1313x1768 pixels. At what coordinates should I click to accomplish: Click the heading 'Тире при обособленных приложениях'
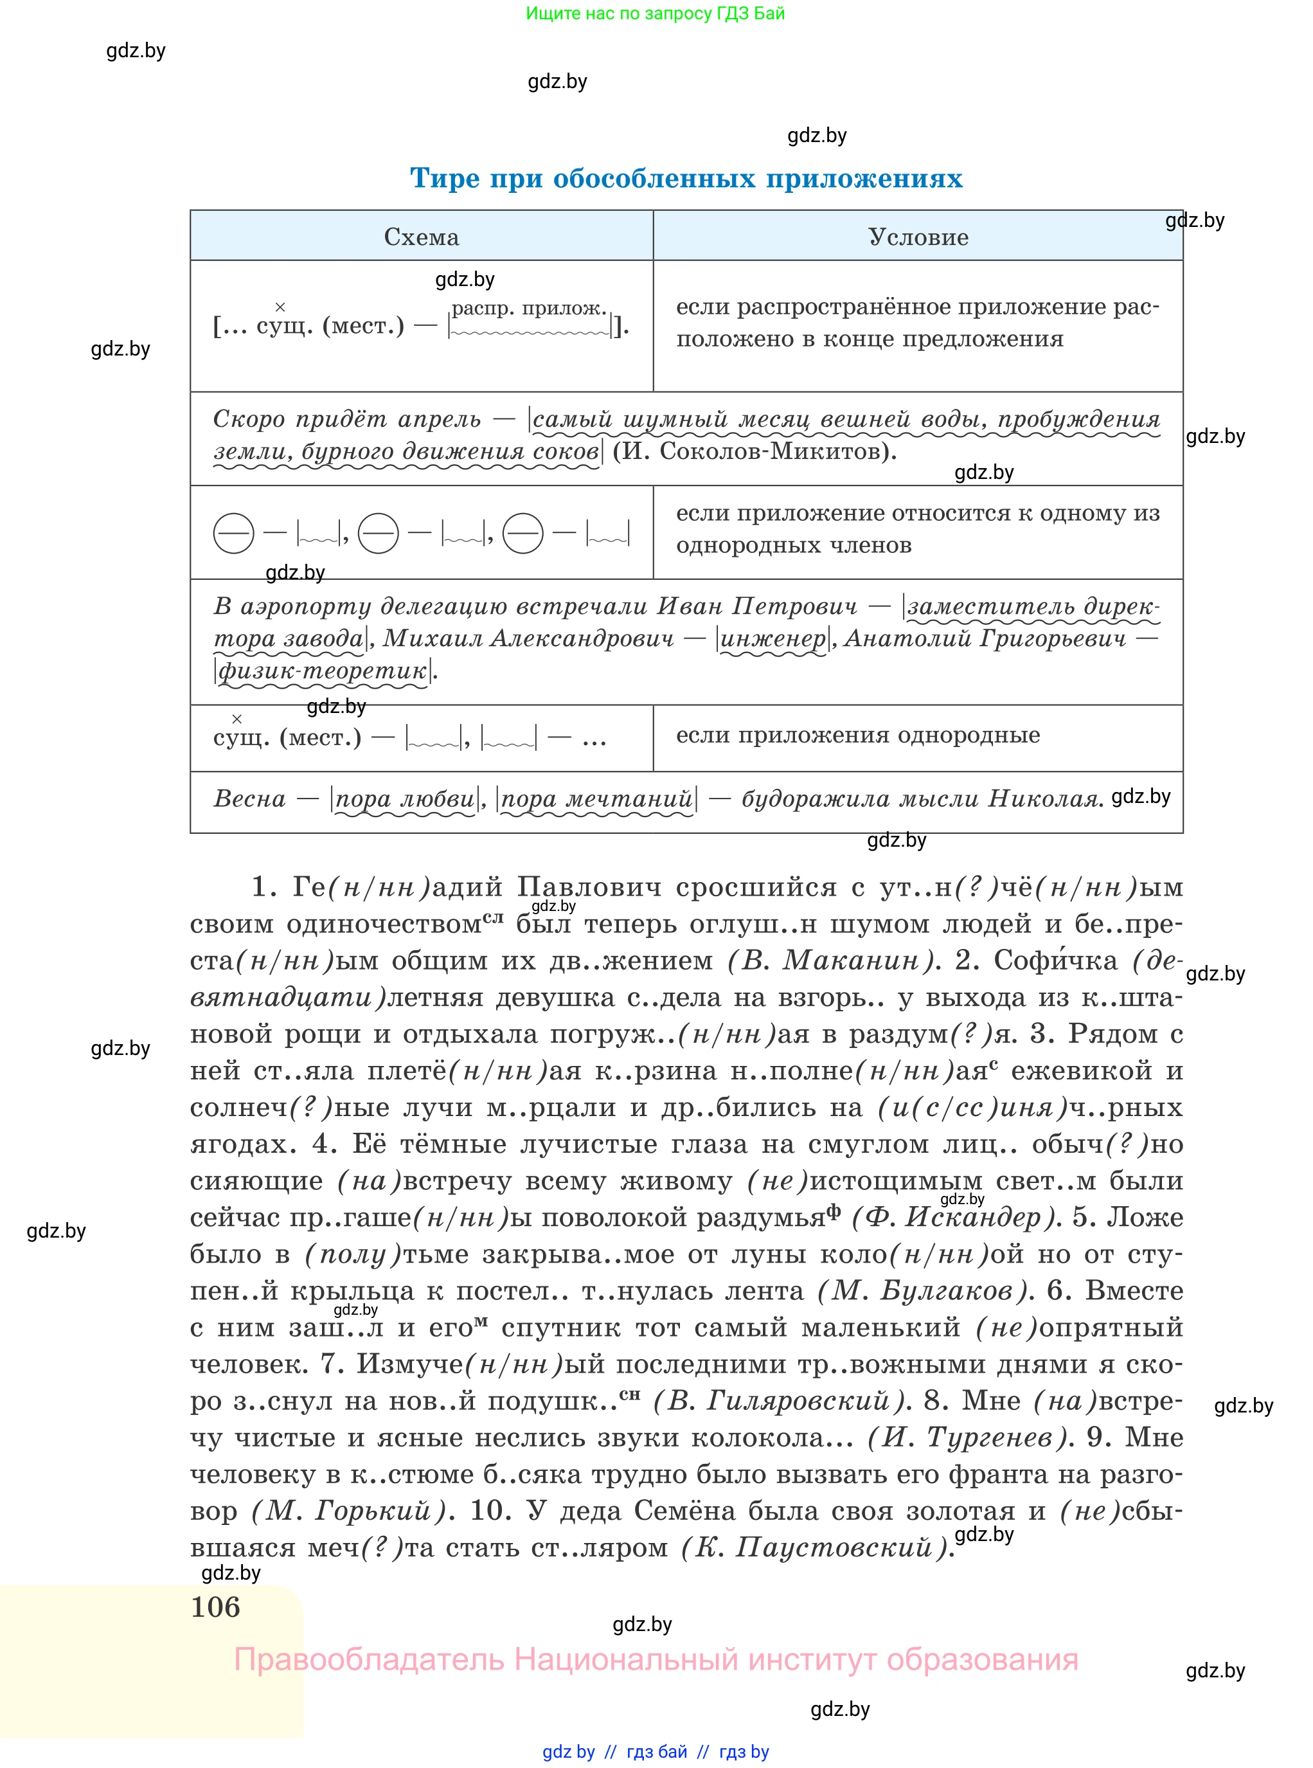click(685, 178)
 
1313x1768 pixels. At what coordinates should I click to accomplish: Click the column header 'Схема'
click(421, 237)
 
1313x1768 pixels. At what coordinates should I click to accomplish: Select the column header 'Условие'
click(918, 237)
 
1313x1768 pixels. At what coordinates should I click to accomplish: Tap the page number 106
click(215, 1607)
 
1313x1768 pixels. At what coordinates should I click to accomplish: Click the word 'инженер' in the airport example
click(773, 638)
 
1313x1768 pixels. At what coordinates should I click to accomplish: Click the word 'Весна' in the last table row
click(249, 798)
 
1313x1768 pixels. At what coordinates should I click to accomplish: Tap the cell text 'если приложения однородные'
click(857, 735)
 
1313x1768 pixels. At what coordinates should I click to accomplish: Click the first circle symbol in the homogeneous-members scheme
click(234, 534)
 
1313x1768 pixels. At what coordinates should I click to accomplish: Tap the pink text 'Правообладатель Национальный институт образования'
click(656, 1660)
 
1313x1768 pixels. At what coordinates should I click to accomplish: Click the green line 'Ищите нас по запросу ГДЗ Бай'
click(655, 14)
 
